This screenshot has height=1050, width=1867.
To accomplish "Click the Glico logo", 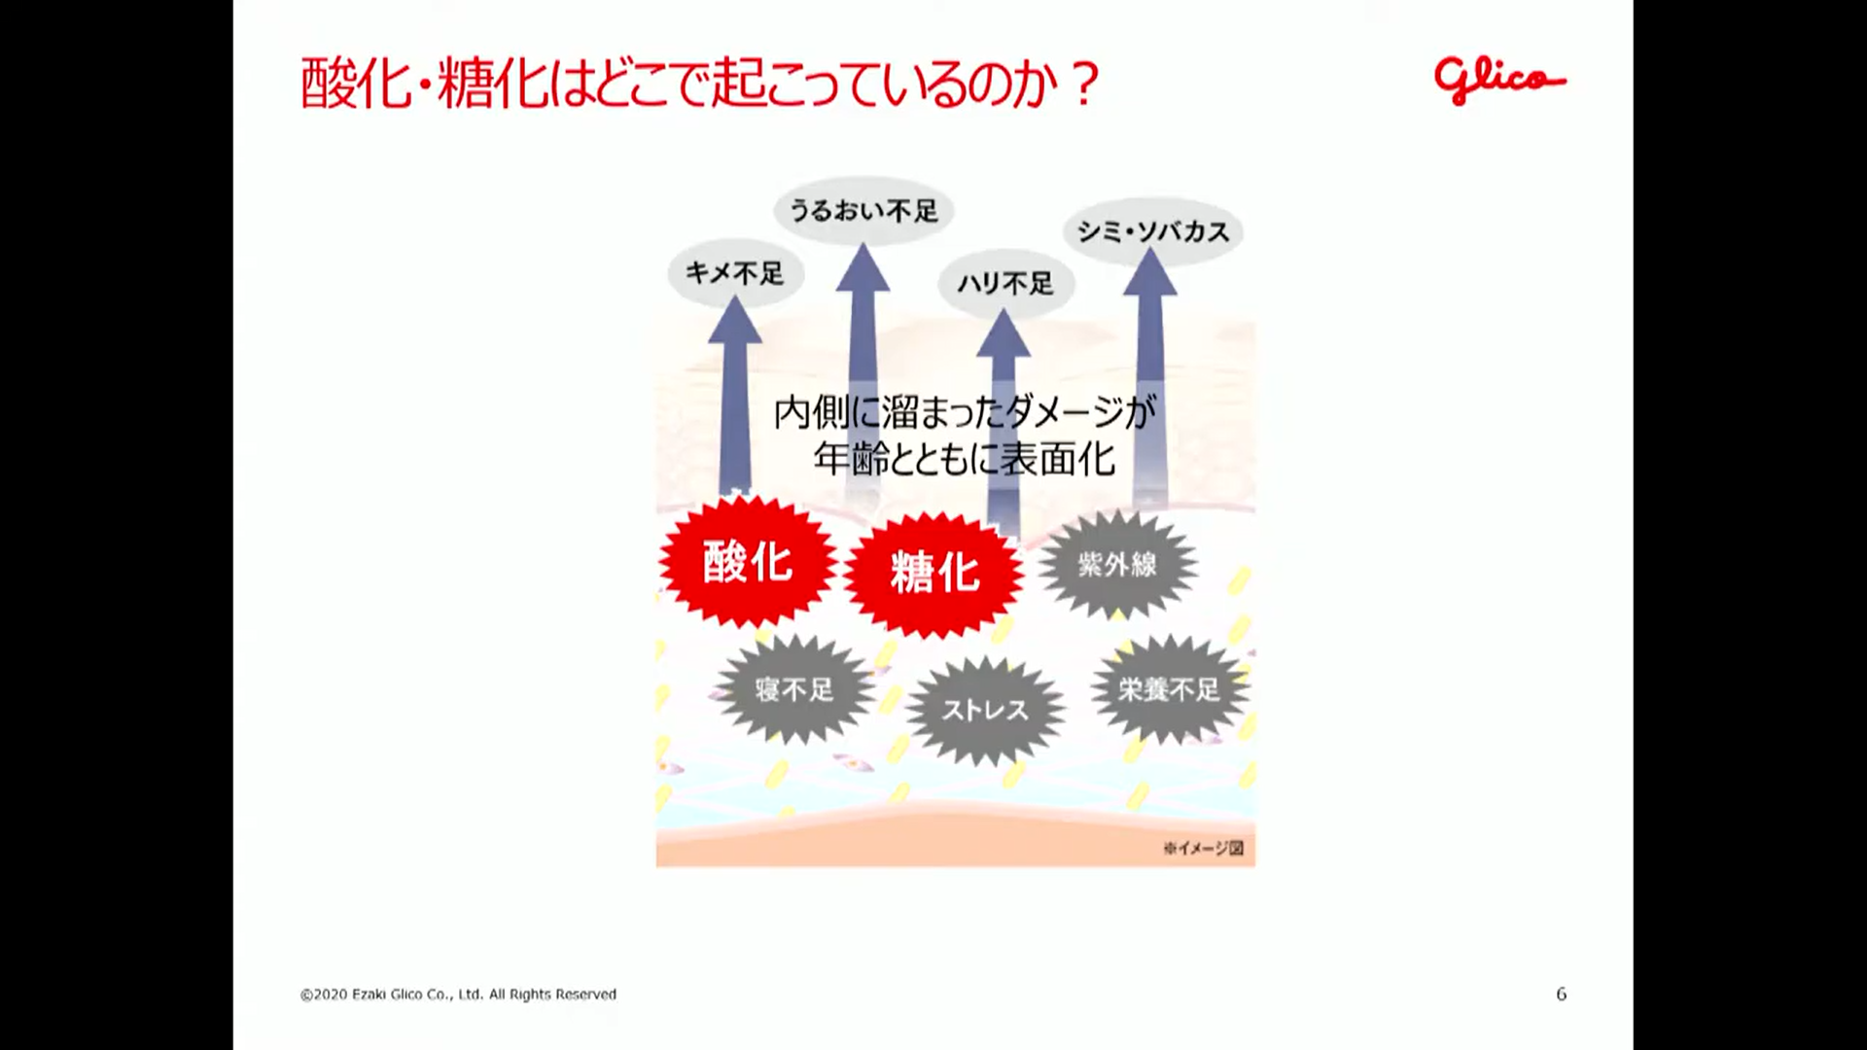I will click(x=1498, y=80).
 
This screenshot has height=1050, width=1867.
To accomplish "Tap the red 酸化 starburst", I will click(x=747, y=562).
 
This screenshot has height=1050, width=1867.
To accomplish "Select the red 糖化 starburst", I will click(x=933, y=574).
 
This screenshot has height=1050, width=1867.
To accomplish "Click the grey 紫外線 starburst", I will click(x=1117, y=564).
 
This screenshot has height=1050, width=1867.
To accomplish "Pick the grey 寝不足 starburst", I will click(x=794, y=690).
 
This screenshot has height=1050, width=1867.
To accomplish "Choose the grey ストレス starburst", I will click(x=984, y=710).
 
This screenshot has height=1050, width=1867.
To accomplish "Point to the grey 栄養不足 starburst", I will click(x=1169, y=690).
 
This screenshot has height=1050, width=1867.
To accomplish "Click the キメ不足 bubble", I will click(x=735, y=273).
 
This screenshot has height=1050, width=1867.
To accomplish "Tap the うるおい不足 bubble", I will click(x=863, y=210).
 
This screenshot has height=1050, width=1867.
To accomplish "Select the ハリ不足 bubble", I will click(x=1005, y=283).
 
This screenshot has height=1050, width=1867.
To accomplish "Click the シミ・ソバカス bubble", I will click(x=1153, y=231).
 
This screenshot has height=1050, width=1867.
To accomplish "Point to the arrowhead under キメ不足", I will click(x=735, y=323).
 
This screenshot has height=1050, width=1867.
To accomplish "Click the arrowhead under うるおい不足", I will click(x=863, y=269).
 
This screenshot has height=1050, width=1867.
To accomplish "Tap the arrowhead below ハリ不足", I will click(x=1003, y=335).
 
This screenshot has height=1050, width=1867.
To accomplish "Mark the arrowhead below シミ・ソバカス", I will click(x=1150, y=274).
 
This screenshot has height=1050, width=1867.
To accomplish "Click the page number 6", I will click(x=1561, y=994).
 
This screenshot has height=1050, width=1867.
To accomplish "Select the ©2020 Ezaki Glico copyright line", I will click(x=458, y=995).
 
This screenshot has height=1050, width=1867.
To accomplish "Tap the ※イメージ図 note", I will click(x=1203, y=848).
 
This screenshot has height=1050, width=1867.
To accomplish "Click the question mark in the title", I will click(x=1084, y=85).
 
